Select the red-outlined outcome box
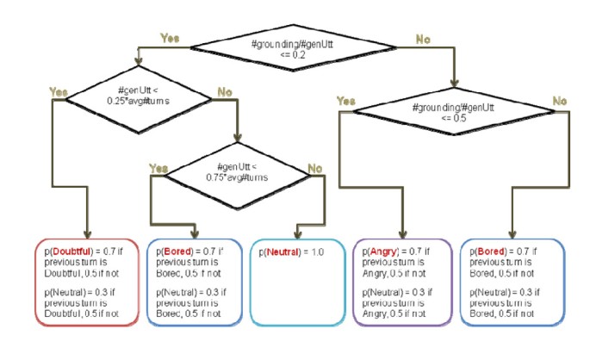[x=86, y=280]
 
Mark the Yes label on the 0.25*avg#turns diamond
[x=59, y=90]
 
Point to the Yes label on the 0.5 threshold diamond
[x=345, y=100]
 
